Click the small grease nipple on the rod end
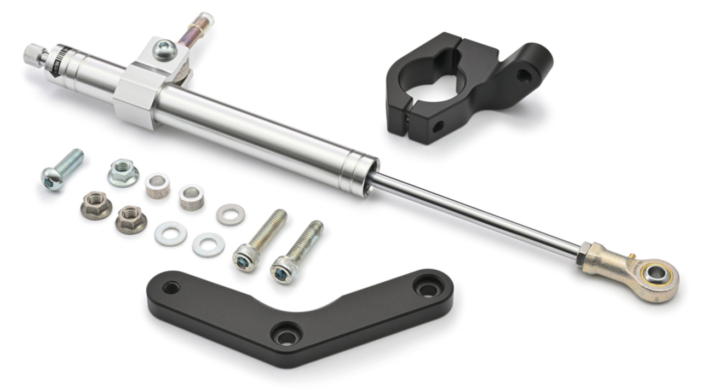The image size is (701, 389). [x=631, y=255]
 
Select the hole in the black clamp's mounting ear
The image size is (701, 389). [x=524, y=74]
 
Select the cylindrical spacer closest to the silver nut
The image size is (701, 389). [x=157, y=185]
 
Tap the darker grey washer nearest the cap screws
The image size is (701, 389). [x=231, y=214]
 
